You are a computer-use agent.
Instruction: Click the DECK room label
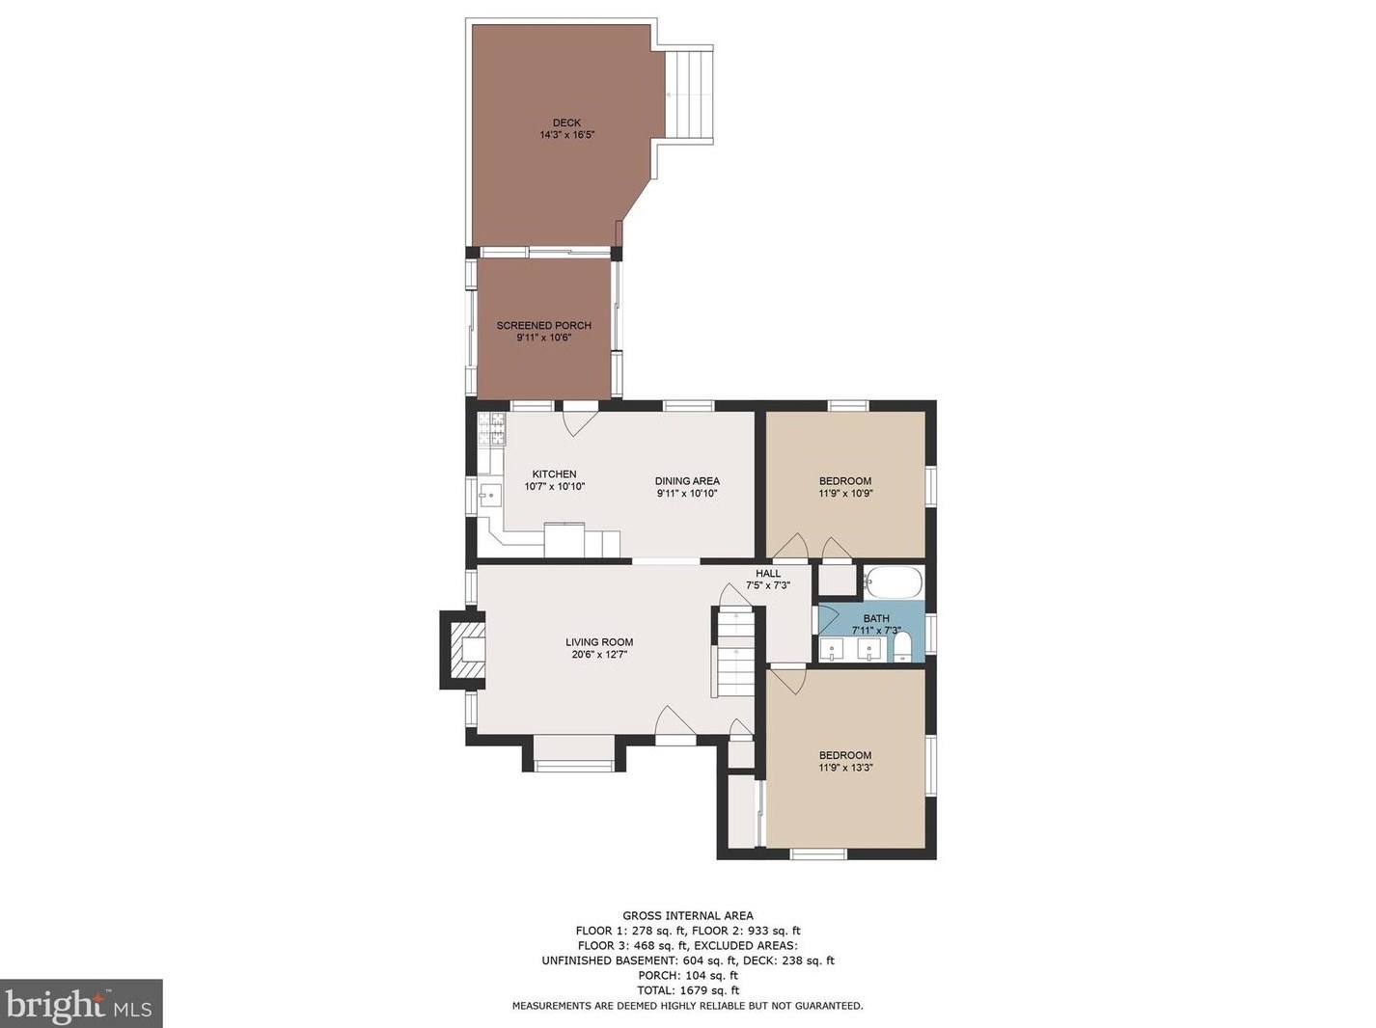tap(566, 122)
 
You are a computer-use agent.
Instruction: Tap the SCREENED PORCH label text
tap(543, 326)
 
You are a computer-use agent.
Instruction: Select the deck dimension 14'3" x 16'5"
tap(566, 135)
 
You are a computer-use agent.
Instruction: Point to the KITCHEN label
tap(554, 474)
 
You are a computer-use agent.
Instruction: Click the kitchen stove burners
tap(491, 428)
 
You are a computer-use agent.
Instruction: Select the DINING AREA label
tap(687, 481)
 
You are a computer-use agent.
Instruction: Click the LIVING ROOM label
tap(599, 642)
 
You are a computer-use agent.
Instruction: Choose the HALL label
tap(768, 573)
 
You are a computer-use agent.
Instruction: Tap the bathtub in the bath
tap(893, 582)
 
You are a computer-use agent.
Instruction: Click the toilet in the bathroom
tap(901, 647)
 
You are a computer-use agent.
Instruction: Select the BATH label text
tap(876, 618)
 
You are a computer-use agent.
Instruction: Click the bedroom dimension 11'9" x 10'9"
tap(845, 493)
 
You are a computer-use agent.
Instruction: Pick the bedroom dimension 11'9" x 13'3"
tap(845, 768)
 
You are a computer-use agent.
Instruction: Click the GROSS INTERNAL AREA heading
tap(688, 916)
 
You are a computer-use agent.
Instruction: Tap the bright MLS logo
tap(80, 1004)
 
